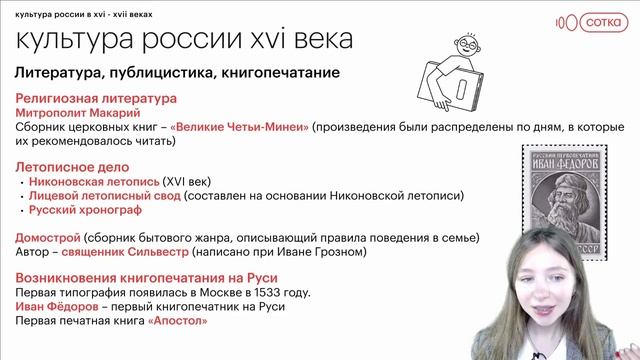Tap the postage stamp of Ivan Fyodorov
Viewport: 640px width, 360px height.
point(569,203)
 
